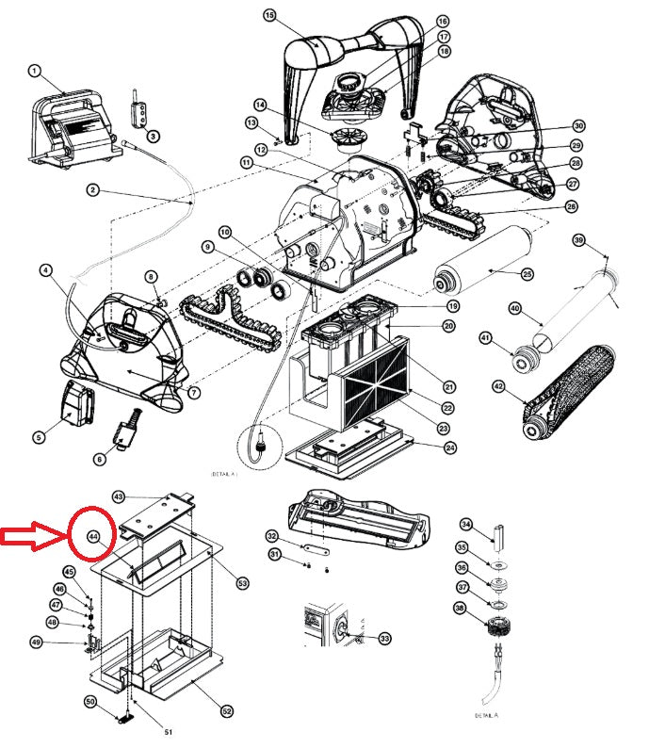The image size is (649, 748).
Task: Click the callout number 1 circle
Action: (34, 71)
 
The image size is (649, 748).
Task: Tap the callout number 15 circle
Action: (269, 16)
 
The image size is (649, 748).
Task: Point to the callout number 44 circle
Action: (93, 535)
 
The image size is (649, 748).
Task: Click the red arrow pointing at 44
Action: (32, 537)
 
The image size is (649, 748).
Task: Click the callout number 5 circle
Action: (39, 436)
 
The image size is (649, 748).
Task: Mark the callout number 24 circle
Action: (449, 447)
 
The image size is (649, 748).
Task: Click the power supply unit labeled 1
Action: (71, 132)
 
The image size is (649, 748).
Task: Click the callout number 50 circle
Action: (91, 702)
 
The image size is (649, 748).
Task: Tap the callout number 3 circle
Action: (154, 138)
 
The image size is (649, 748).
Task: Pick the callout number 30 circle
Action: (577, 126)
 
